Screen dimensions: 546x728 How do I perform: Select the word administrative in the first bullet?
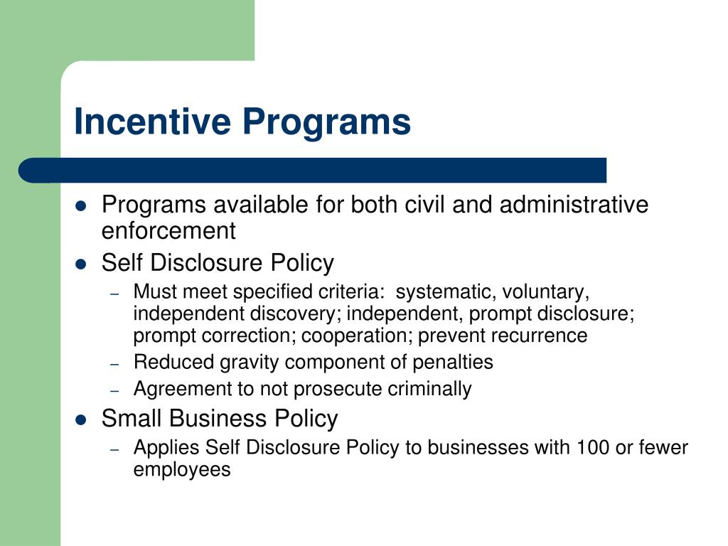tap(574, 205)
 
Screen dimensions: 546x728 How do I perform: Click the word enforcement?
tap(168, 231)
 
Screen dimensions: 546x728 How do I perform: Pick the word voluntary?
tap(546, 292)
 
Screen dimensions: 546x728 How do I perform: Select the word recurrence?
tap(545, 335)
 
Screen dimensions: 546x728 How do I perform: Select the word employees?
tap(182, 470)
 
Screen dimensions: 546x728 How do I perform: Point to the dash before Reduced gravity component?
tap(117, 363)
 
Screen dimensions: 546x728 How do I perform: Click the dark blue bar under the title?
tap(313, 170)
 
